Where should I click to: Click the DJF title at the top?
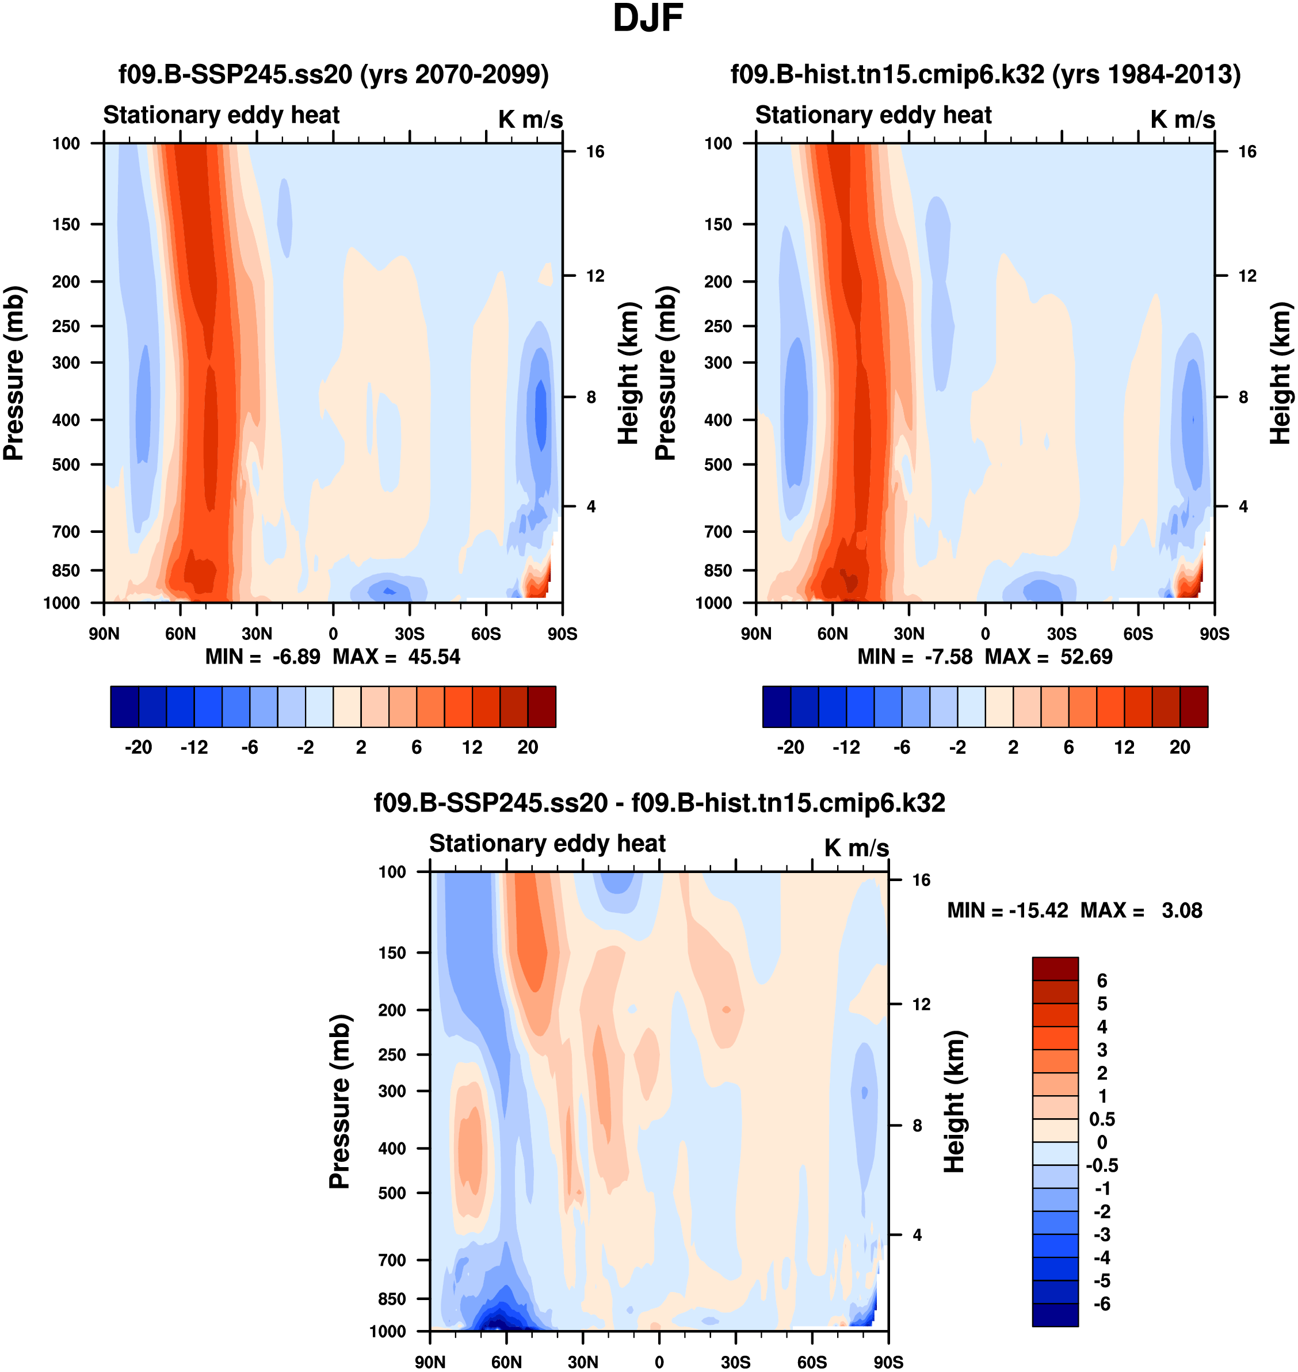648,18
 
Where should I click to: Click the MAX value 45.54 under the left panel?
433,657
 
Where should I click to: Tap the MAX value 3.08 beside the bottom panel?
1182,910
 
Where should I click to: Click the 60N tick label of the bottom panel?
506,1362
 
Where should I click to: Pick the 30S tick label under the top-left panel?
410,634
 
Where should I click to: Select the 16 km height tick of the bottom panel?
921,880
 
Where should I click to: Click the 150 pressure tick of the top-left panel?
66,224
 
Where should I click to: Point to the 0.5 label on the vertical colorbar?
1101,1119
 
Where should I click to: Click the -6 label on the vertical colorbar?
1101,1304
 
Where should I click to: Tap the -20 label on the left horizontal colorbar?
139,748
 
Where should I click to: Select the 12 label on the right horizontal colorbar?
1124,748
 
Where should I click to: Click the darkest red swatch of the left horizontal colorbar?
542,707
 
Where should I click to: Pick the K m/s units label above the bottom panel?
856,848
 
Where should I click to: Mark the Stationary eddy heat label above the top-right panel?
873,115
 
